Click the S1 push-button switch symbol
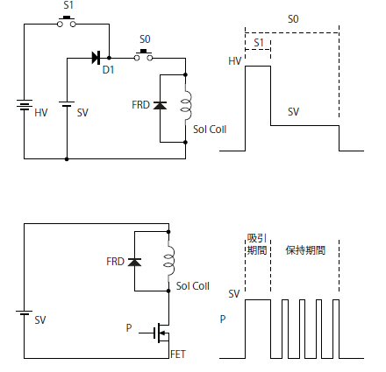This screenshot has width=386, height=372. click(67, 22)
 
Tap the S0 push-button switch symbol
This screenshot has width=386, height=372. click(143, 55)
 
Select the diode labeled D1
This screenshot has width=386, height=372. click(96, 58)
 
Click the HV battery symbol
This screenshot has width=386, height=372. click(25, 105)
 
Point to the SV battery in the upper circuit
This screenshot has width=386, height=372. click(67, 104)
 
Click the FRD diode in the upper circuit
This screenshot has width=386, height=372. click(160, 105)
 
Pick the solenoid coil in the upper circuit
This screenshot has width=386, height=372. click(186, 105)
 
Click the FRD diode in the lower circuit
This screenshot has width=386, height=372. click(134, 262)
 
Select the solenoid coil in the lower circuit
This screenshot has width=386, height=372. click(169, 262)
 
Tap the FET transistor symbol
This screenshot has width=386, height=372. click(161, 333)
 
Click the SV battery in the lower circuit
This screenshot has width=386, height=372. click(24, 312)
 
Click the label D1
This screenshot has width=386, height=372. click(109, 70)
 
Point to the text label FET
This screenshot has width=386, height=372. click(178, 354)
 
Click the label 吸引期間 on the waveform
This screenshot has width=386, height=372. click(257, 244)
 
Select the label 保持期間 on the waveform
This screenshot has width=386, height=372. click(305, 250)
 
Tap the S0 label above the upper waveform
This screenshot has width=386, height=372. click(293, 19)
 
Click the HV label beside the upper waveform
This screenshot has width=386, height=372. click(235, 61)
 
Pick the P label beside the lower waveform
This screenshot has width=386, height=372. click(223, 319)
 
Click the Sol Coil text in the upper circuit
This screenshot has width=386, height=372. click(210, 130)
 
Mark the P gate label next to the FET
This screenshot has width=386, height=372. click(129, 328)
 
